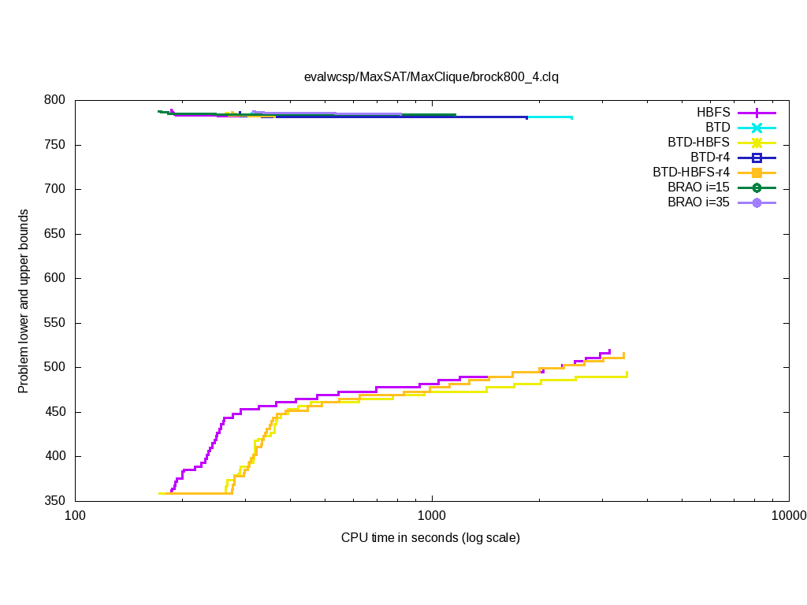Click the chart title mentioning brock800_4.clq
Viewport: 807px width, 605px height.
(431, 77)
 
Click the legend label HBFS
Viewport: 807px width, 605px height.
(713, 113)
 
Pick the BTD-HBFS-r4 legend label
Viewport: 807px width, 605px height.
(691, 173)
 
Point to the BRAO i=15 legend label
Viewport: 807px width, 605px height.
(698, 187)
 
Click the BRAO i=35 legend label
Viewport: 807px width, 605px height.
(698, 202)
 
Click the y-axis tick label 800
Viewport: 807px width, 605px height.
(55, 101)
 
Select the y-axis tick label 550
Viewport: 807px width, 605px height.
(55, 324)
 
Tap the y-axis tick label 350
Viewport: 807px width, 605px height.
(55, 502)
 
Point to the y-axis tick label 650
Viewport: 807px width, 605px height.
(55, 235)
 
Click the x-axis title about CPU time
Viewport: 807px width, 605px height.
(430, 538)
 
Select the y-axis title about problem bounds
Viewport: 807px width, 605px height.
(24, 302)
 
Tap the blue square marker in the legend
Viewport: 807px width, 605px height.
(757, 158)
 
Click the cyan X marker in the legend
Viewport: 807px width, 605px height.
(757, 128)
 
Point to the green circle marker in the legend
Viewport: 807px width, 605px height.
(757, 187)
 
